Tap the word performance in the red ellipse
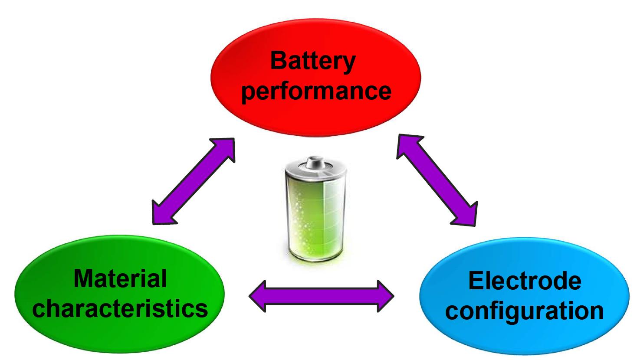pyautogui.click(x=316, y=91)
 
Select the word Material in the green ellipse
pyautogui.click(x=120, y=278)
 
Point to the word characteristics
pyautogui.click(x=120, y=309)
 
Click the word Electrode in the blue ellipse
pyautogui.click(x=524, y=281)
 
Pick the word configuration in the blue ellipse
pyautogui.click(x=524, y=311)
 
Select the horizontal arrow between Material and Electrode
pyautogui.click(x=321, y=296)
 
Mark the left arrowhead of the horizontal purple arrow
pyautogui.click(x=258, y=296)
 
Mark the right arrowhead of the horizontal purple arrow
pyautogui.click(x=384, y=296)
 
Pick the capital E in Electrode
pyautogui.click(x=476, y=281)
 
